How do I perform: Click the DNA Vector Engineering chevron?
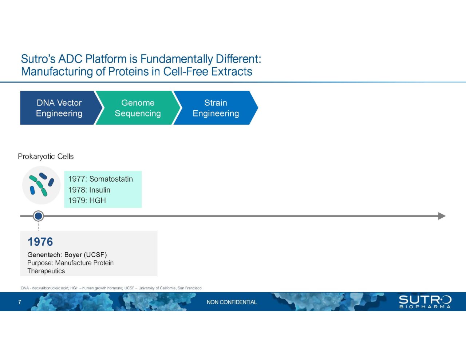click(x=59, y=108)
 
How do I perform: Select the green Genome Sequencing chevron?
click(x=138, y=108)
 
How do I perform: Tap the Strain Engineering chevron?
click(x=216, y=108)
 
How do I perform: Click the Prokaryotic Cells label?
click(x=46, y=157)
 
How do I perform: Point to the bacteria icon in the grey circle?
click(x=41, y=185)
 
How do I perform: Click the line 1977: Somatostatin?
click(x=100, y=179)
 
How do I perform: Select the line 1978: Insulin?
click(x=89, y=190)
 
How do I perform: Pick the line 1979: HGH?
click(x=87, y=201)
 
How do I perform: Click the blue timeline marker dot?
click(x=38, y=216)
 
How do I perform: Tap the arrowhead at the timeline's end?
click(x=442, y=216)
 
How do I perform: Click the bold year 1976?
click(x=40, y=242)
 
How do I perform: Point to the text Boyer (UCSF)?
click(x=86, y=255)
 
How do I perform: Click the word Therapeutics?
click(x=46, y=271)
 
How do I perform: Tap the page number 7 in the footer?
click(x=20, y=302)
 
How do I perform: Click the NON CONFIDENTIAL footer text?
click(x=232, y=302)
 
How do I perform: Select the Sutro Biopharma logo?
click(x=425, y=302)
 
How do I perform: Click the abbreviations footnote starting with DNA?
click(x=111, y=288)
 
